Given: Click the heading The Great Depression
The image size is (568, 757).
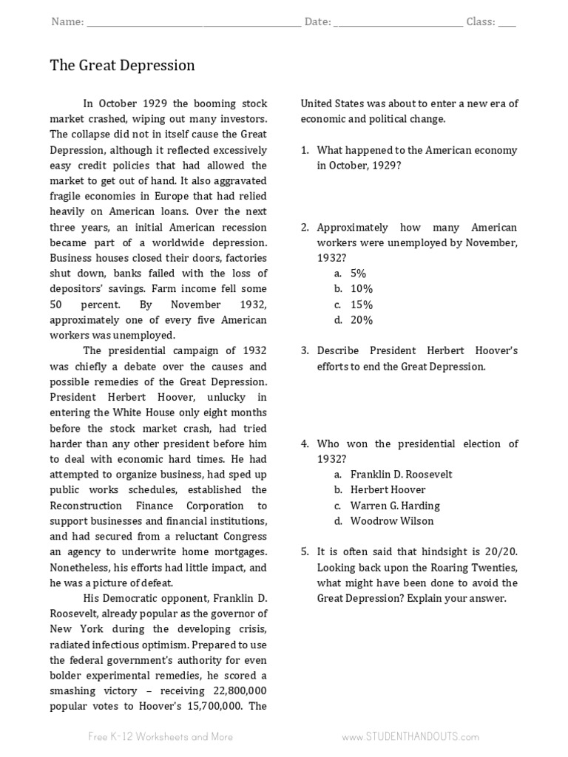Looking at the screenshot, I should (x=122, y=66).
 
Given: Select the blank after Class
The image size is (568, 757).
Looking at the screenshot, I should (x=507, y=23).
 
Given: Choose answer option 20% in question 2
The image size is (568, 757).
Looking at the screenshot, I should (x=362, y=320).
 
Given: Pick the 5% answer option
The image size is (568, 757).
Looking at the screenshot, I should (x=359, y=274).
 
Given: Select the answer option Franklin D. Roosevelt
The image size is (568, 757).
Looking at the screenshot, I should (x=401, y=475).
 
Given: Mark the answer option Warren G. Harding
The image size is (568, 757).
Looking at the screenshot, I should (x=395, y=506).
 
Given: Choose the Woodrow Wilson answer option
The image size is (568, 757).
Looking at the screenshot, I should (x=392, y=521).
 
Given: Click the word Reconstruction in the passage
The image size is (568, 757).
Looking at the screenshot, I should (x=85, y=506).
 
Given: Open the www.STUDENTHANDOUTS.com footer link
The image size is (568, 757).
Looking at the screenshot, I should (x=410, y=736).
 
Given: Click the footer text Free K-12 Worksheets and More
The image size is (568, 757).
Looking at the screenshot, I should (x=160, y=736).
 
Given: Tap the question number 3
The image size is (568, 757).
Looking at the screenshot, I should (x=305, y=351).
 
